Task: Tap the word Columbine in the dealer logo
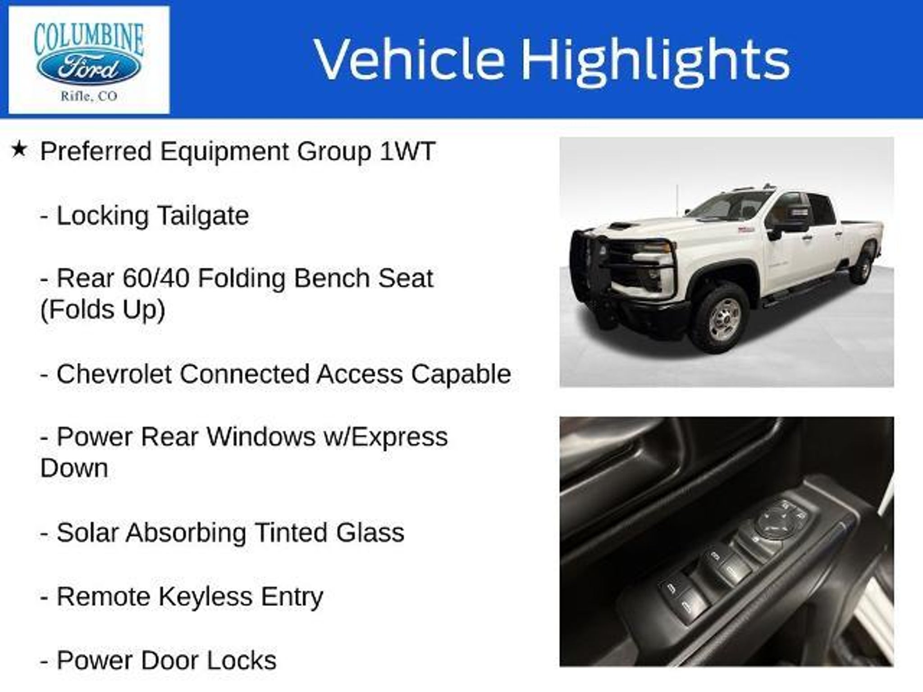pyautogui.click(x=89, y=39)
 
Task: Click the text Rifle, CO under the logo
pyautogui.click(x=89, y=96)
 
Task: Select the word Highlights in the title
pyautogui.click(x=655, y=60)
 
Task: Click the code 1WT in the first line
pyautogui.click(x=407, y=151)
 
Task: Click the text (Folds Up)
pyautogui.click(x=103, y=310)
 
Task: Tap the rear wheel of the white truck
pyautogui.click(x=862, y=267)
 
